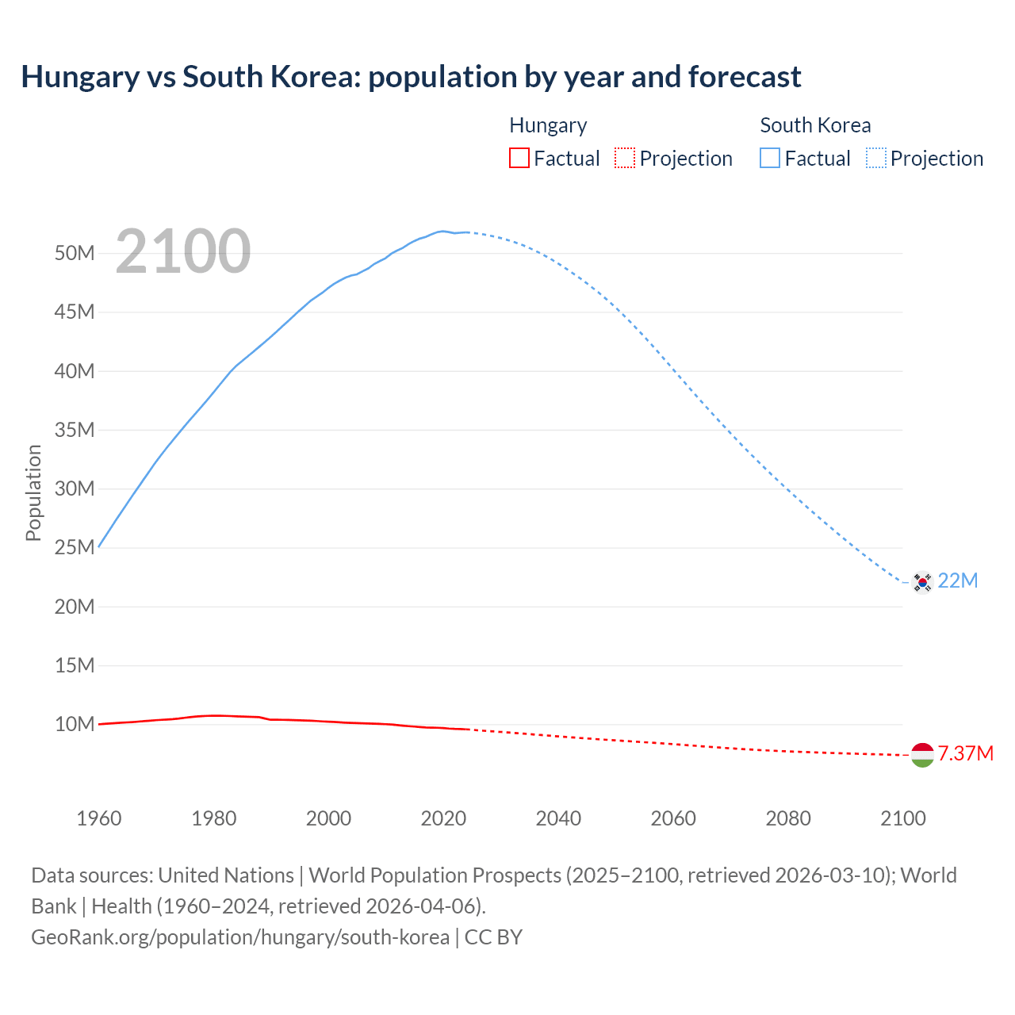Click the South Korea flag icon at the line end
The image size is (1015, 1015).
click(x=921, y=582)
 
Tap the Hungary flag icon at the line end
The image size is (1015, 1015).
click(x=921, y=755)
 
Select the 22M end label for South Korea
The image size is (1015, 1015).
click(x=957, y=581)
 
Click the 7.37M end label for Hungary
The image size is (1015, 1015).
click(x=965, y=753)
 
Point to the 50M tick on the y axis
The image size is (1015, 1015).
click(x=75, y=254)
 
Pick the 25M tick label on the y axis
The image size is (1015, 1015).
click(x=75, y=548)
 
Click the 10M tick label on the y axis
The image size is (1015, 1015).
click(x=75, y=724)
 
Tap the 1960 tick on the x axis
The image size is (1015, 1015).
click(x=99, y=818)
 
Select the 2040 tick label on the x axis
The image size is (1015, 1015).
click(x=558, y=818)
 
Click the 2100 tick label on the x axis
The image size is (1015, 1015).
click(x=902, y=818)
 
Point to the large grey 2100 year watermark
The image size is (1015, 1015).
click(x=183, y=252)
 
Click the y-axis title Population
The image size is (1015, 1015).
click(x=33, y=492)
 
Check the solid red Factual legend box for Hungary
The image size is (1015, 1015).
click(x=519, y=159)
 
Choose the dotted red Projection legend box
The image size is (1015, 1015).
click(x=625, y=159)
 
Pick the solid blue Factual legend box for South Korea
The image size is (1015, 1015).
click(x=770, y=159)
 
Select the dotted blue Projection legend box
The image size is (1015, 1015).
click(x=875, y=159)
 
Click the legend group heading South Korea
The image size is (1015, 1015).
click(x=815, y=125)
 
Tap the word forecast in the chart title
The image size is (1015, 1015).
click(x=745, y=77)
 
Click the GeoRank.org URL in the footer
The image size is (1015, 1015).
click(x=240, y=937)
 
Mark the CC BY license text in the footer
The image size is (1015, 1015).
click(x=493, y=937)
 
